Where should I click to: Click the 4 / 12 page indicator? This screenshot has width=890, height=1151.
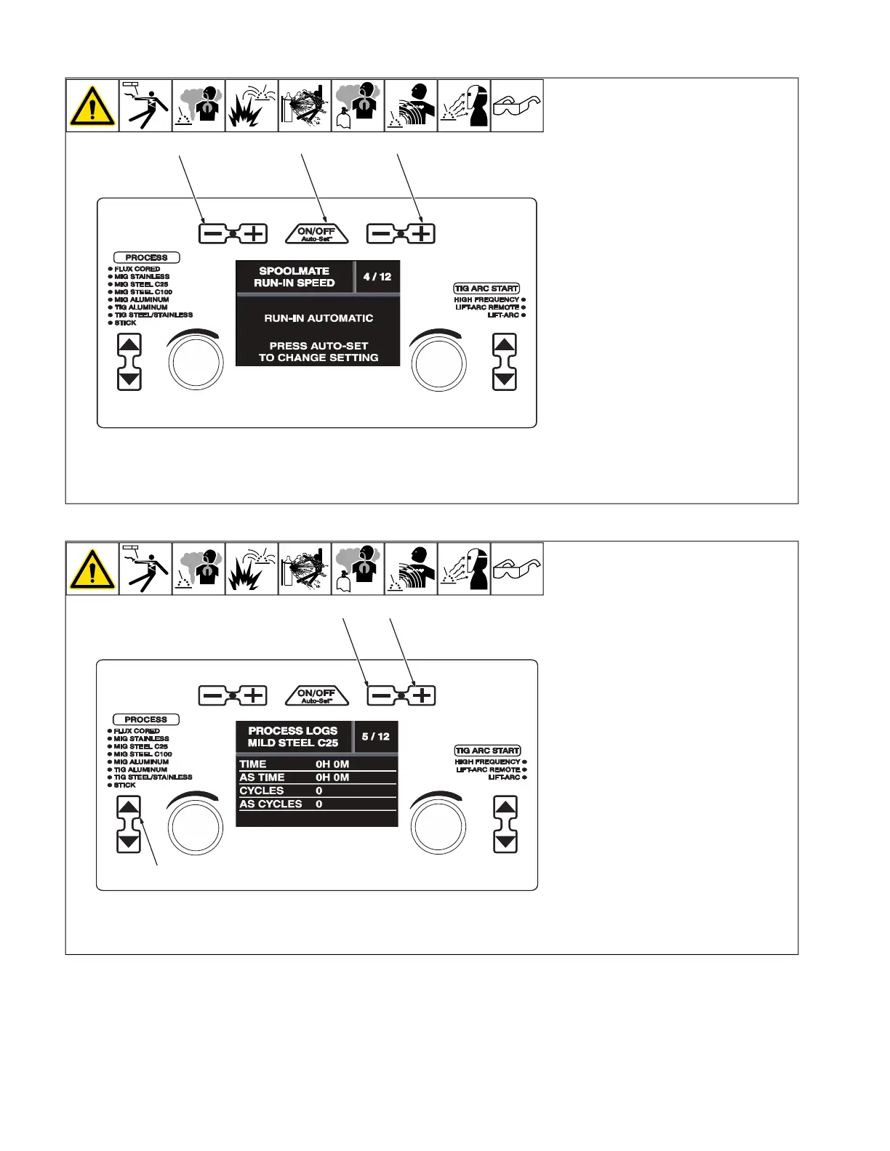click(377, 277)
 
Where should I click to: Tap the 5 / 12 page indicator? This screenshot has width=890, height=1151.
click(375, 736)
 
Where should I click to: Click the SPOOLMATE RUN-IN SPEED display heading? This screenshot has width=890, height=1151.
click(294, 277)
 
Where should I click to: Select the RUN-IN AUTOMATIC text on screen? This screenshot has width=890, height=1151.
click(318, 318)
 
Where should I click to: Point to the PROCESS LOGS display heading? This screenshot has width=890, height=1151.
click(293, 736)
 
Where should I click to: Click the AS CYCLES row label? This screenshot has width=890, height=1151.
click(270, 804)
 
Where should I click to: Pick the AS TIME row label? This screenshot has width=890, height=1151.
click(262, 778)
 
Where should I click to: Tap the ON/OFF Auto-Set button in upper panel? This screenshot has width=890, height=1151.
click(316, 233)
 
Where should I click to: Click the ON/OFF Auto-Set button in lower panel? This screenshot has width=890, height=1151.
click(316, 695)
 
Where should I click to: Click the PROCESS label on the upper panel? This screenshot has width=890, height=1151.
click(146, 257)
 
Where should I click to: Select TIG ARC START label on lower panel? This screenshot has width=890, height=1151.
click(487, 751)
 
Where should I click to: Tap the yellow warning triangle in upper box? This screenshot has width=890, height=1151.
click(92, 106)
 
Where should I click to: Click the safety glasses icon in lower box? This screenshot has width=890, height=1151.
click(517, 569)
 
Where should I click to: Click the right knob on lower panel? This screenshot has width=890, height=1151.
click(438, 825)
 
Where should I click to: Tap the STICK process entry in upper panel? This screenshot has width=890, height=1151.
click(125, 323)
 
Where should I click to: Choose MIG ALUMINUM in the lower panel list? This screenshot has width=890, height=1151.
click(141, 762)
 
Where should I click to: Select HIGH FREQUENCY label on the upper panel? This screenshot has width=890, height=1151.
click(486, 299)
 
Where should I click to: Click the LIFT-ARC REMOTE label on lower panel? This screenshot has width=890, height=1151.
click(488, 770)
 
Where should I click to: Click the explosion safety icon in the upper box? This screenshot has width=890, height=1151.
click(252, 106)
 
